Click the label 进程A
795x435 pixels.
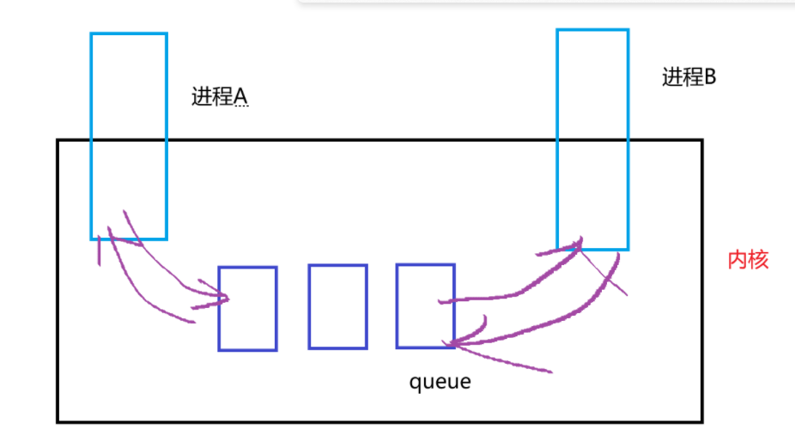(220, 96)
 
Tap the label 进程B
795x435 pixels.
(689, 77)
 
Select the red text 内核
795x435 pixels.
(748, 261)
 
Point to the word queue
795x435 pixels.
(440, 381)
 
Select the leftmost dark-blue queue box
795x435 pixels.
(247, 308)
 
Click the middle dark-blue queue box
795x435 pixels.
(337, 306)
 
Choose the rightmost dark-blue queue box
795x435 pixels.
(425, 305)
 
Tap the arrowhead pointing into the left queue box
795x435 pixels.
(225, 299)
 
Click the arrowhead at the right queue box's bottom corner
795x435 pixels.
(453, 344)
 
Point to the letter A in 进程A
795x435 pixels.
(241, 97)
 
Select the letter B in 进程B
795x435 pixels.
(710, 77)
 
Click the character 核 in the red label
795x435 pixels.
(758, 261)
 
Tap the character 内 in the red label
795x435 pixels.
(737, 261)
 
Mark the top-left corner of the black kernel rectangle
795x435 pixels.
(58, 141)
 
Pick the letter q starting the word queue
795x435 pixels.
(414, 383)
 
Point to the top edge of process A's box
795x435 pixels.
(129, 34)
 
